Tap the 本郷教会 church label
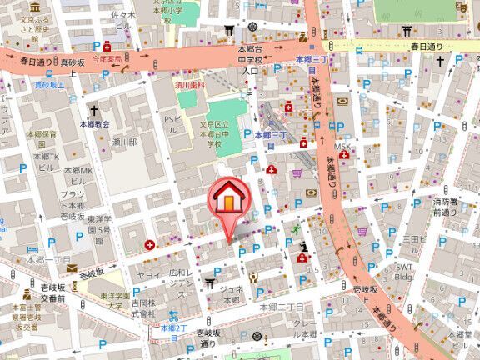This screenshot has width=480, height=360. tap(94, 124)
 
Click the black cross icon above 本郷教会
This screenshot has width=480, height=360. tap(94, 110)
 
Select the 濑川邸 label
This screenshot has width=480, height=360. tap(124, 142)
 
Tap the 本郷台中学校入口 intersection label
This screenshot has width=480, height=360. tap(250, 61)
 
